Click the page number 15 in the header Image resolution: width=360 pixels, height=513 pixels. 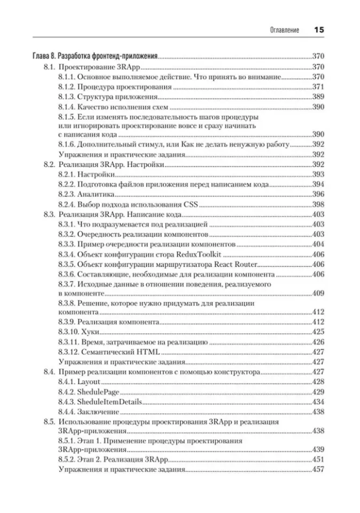[x=319, y=30]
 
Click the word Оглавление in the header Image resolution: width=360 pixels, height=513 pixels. [x=284, y=30]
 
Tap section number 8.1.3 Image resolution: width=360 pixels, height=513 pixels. [x=67, y=97]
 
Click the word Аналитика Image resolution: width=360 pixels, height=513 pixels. [x=96, y=194]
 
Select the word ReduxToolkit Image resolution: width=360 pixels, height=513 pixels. [x=198, y=255]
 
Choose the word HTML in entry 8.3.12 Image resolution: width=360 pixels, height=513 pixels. [x=148, y=352]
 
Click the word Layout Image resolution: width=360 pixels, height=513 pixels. [x=89, y=382]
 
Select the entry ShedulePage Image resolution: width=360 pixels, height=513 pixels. [x=98, y=392]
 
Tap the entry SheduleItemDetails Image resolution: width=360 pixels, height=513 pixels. [x=109, y=402]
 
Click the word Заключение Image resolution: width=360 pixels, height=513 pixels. [x=98, y=412]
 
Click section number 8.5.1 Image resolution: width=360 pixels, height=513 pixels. [x=67, y=441]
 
